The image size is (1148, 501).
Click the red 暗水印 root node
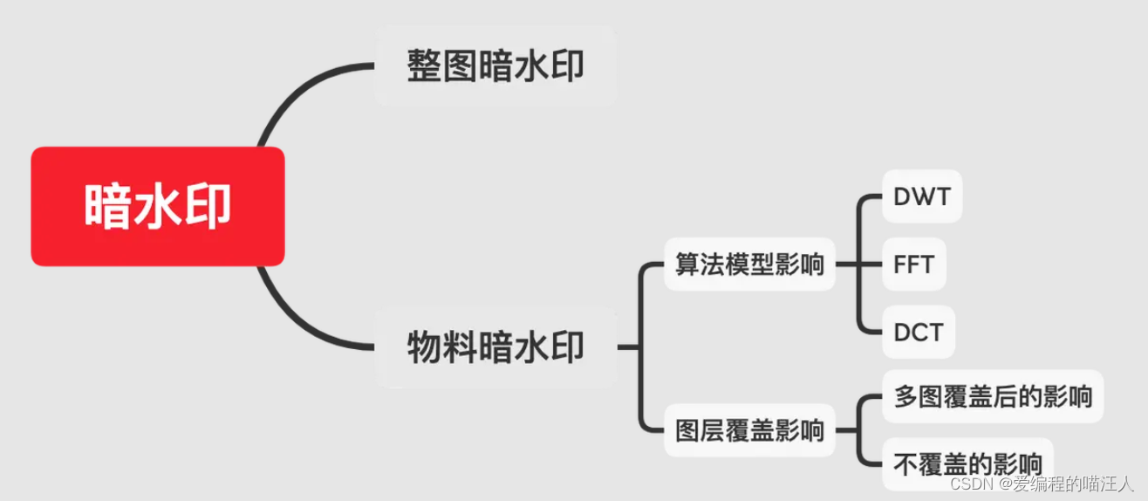pyautogui.click(x=158, y=206)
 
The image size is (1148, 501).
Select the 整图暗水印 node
pyautogui.click(x=495, y=66)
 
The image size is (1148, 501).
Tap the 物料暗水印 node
pyautogui.click(x=495, y=348)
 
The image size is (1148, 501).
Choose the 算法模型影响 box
pyautogui.click(x=749, y=264)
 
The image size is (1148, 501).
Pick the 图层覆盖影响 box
pyautogui.click(x=749, y=429)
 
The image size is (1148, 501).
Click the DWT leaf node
pyautogui.click(x=921, y=196)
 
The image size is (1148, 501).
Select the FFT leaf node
pyautogui.click(x=913, y=264)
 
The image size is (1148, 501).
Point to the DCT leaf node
pyautogui.click(x=919, y=333)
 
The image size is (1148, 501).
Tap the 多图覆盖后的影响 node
pyautogui.click(x=993, y=396)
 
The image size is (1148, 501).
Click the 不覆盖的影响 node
pyautogui.click(x=967, y=463)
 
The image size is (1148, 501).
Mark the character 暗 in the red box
pyautogui.click(x=108, y=207)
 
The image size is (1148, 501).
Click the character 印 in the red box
pyautogui.click(x=208, y=207)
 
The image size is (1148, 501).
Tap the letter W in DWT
pyautogui.click(x=921, y=196)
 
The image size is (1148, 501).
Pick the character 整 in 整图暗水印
pyautogui.click(x=425, y=66)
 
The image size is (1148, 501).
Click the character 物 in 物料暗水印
pyautogui.click(x=425, y=348)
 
